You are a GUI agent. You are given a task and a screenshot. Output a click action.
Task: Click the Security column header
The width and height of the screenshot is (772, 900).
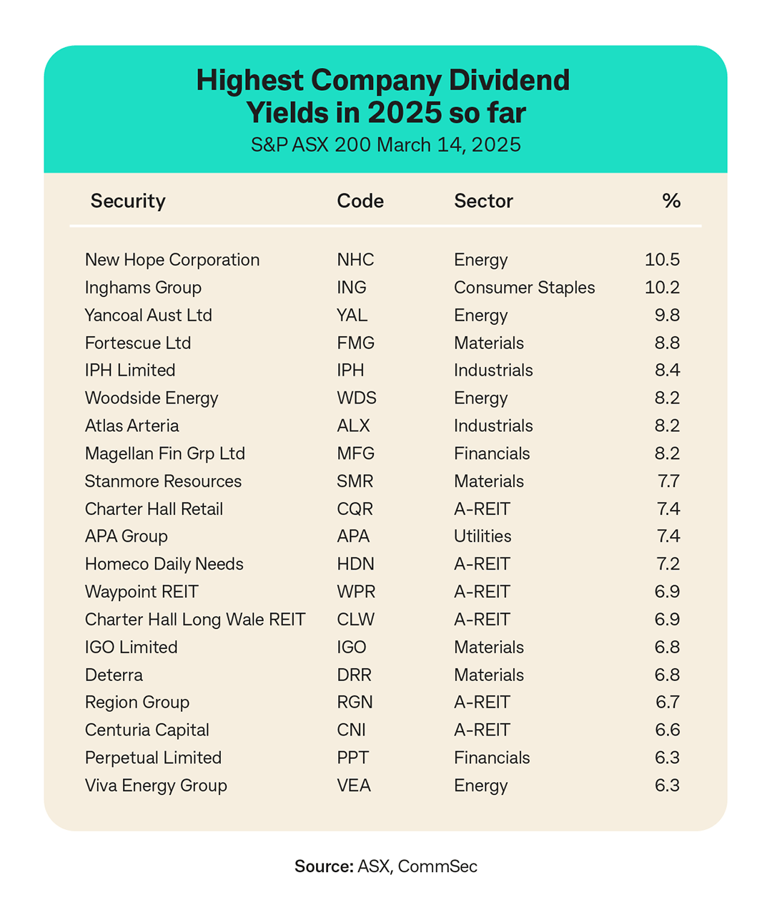[x=128, y=201]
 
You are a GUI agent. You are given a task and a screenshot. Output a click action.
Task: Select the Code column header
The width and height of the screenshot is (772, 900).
[x=360, y=201]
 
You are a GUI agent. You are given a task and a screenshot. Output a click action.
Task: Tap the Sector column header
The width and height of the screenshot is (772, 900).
[x=483, y=201]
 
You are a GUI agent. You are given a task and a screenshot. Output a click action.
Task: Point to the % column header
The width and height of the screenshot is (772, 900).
[x=671, y=201]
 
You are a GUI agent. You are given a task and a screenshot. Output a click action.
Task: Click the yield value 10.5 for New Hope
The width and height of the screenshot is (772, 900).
[x=662, y=260]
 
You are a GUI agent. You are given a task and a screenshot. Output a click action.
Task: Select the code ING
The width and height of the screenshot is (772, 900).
[x=352, y=288]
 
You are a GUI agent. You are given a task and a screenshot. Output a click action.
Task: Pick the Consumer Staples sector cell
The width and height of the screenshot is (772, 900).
[x=524, y=288]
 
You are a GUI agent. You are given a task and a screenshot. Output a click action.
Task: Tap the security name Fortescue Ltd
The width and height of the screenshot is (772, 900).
[x=138, y=343]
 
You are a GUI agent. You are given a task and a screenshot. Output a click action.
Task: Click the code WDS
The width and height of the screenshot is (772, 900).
[x=357, y=398]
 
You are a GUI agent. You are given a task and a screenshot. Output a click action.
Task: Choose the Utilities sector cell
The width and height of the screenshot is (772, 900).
[x=482, y=537]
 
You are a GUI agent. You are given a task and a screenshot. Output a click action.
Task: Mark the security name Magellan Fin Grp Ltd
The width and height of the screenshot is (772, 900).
[x=165, y=454]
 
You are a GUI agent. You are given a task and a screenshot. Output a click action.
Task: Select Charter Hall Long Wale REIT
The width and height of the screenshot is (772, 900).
[x=195, y=620]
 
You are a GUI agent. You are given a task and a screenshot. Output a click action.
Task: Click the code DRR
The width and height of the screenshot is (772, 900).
[x=355, y=675]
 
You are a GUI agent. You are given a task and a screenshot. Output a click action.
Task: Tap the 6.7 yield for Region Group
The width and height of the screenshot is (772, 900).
[x=668, y=703]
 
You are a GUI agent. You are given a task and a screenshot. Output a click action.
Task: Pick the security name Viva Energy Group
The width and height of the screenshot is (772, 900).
[x=156, y=786]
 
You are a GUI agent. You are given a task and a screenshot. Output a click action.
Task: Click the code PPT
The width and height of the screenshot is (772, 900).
[x=353, y=758]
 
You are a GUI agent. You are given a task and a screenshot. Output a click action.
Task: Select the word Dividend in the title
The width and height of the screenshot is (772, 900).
[x=509, y=80]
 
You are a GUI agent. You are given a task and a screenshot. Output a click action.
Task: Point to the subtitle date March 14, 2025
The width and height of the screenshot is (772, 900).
[x=449, y=145]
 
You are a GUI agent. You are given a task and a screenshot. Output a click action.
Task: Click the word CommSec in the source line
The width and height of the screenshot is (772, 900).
[x=437, y=866]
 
